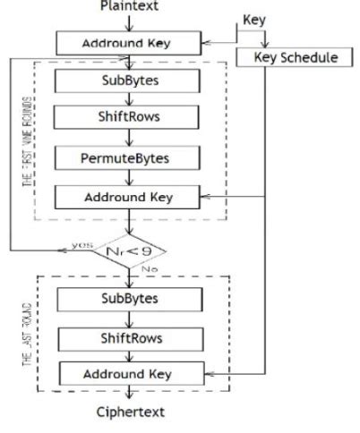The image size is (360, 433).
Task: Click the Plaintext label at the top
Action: (x=132, y=6)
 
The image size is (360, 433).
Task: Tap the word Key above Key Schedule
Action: (x=255, y=19)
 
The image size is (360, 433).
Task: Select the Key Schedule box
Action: (x=288, y=57)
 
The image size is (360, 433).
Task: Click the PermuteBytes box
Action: (x=131, y=158)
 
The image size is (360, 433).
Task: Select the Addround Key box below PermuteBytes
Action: (x=131, y=197)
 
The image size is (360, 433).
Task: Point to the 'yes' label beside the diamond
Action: (x=82, y=243)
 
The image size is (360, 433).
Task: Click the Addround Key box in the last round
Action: (x=131, y=373)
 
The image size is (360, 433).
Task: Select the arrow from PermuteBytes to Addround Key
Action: (x=131, y=178)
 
